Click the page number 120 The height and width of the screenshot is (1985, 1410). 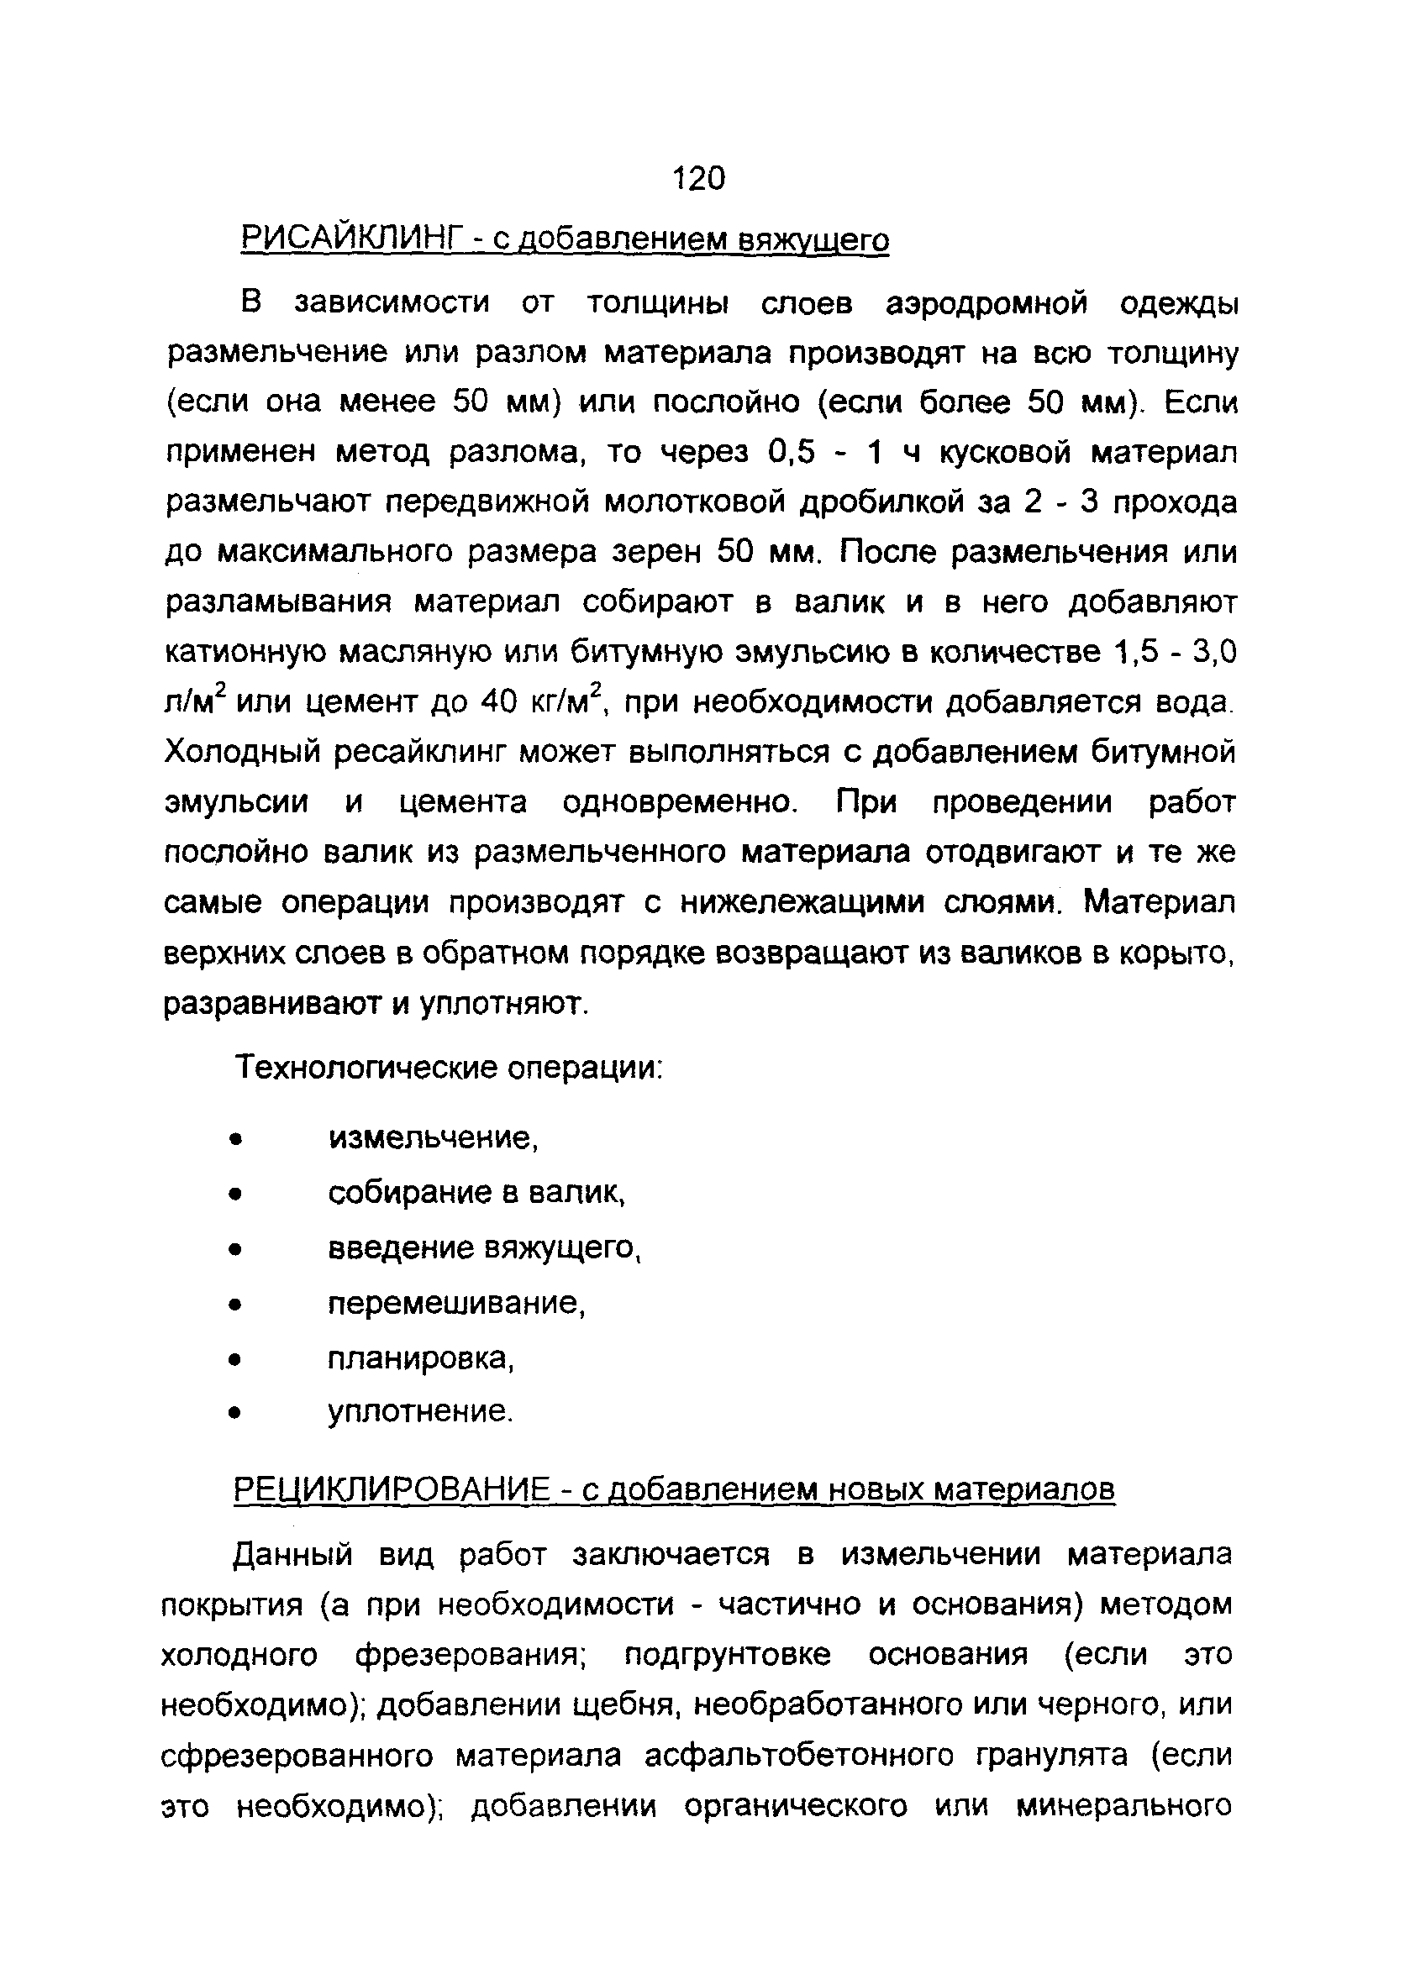click(x=698, y=178)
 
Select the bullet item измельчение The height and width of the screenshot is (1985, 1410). click(x=434, y=1138)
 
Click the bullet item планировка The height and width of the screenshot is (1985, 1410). click(x=421, y=1358)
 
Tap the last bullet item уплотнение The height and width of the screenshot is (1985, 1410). click(x=420, y=1412)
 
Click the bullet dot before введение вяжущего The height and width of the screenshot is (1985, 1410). click(x=233, y=1250)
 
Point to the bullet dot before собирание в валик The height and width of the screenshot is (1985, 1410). click(x=233, y=1195)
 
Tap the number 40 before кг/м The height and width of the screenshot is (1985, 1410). click(x=498, y=701)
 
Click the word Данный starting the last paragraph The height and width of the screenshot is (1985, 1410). click(x=293, y=1553)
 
